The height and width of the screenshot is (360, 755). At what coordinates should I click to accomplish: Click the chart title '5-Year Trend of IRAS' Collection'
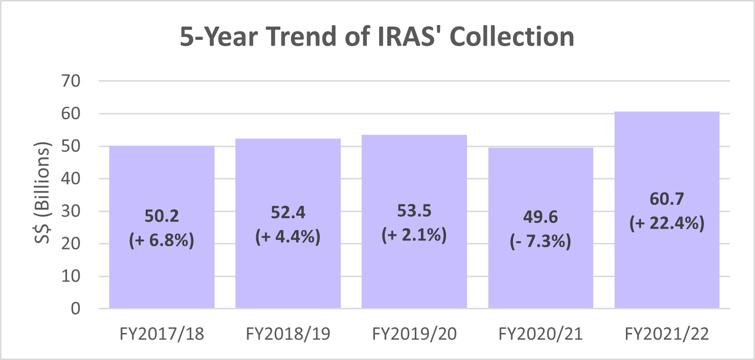[x=377, y=37]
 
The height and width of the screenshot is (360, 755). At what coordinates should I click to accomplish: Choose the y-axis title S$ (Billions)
[x=42, y=193]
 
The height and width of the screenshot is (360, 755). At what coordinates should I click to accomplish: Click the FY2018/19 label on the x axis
[x=288, y=334]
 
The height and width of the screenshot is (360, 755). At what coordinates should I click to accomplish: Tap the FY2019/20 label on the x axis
[x=414, y=334]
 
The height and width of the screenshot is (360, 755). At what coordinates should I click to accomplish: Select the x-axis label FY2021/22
[x=667, y=334]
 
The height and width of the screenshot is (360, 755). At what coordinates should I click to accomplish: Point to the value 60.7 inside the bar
[x=667, y=199]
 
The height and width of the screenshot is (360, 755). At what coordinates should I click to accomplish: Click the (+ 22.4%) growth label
[x=667, y=223]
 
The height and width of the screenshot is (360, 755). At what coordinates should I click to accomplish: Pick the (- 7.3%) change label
[x=541, y=242]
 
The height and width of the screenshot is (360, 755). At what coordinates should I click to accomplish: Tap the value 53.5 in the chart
[x=414, y=211]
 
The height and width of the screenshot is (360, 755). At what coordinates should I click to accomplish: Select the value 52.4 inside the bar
[x=288, y=212]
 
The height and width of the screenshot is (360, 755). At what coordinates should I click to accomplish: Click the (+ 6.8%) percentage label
[x=162, y=240]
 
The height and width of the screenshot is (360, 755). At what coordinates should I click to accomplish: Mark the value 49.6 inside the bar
[x=541, y=217]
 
